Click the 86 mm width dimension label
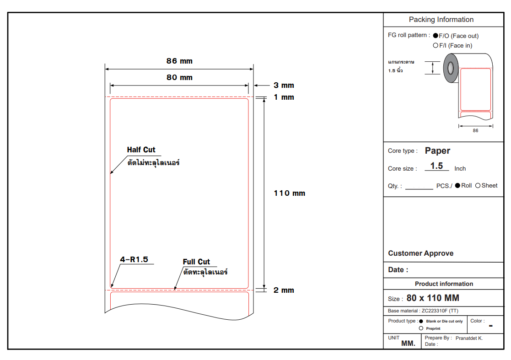coord(179,61)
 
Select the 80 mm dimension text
coord(179,77)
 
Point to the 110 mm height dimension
coord(290,193)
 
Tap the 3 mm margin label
coord(284,86)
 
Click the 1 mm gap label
coord(284,97)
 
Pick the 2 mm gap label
coord(284,290)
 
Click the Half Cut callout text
coord(141,150)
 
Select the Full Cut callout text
coord(196,262)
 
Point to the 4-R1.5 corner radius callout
coord(134,260)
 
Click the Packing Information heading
coord(441,20)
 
